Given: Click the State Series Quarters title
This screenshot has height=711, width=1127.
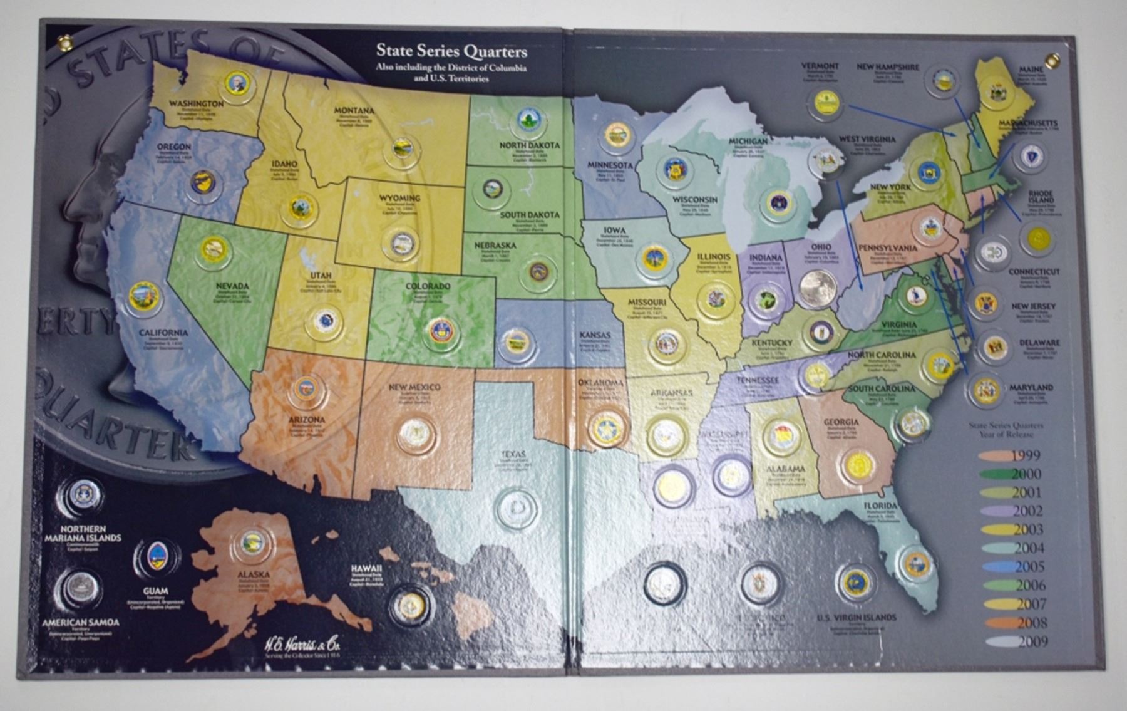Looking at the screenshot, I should click(x=451, y=53).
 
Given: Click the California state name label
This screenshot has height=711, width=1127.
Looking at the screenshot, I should click(x=163, y=333).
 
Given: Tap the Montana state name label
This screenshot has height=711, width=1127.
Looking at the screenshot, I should click(x=354, y=110).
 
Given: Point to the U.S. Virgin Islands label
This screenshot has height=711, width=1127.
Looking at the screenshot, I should click(x=856, y=618).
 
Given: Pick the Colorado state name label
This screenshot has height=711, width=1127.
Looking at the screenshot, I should click(x=428, y=287).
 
